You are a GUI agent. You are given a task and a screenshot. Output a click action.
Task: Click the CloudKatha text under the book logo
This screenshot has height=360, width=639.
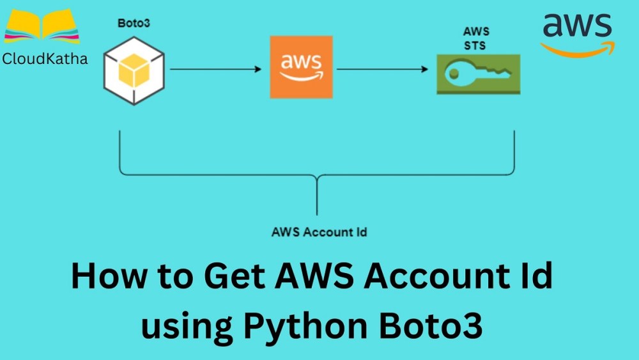click(x=44, y=59)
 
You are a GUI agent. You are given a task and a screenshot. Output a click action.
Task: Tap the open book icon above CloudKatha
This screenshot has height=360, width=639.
click(x=42, y=26)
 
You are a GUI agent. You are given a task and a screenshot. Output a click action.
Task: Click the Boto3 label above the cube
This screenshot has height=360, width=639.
click(x=132, y=23)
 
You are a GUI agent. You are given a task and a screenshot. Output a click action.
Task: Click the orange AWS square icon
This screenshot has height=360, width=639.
click(x=301, y=67)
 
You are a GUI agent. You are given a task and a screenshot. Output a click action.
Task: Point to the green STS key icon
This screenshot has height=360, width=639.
click(x=478, y=74)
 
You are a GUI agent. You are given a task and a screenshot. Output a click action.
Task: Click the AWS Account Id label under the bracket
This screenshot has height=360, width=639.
click(x=319, y=231)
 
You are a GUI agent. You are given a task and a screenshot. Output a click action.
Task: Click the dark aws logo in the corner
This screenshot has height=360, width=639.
click(x=578, y=25)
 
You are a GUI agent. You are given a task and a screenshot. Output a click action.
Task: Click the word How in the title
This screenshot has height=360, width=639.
click(x=109, y=279)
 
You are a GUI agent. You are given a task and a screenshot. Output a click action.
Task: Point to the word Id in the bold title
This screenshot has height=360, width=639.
click(x=536, y=279)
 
